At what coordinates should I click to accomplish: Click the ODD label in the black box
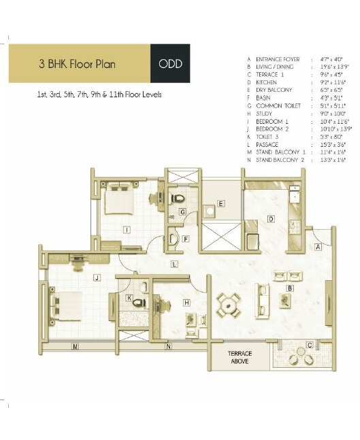point(169,65)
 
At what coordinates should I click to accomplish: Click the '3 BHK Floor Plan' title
point(77,65)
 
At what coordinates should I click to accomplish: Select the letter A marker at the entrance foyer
point(317,248)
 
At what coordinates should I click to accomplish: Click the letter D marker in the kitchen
point(270,219)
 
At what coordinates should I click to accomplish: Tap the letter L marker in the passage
point(174,263)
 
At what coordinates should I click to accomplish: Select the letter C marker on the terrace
point(309,345)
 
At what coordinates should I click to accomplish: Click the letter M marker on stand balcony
point(75,347)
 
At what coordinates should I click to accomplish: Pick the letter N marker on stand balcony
point(168,347)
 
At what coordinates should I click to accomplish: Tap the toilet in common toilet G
point(177,198)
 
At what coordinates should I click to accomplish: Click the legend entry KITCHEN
point(266,82)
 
